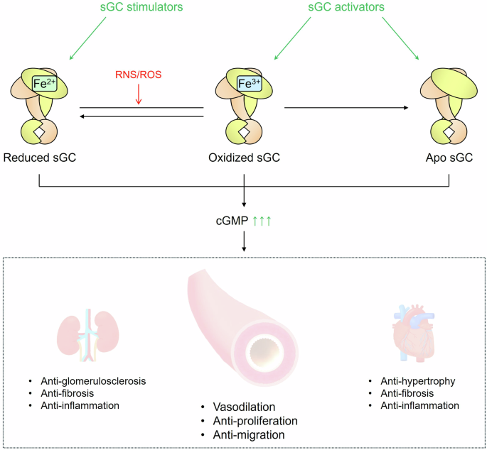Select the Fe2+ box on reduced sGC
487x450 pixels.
point(43,84)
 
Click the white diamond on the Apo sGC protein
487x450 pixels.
point(449,132)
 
